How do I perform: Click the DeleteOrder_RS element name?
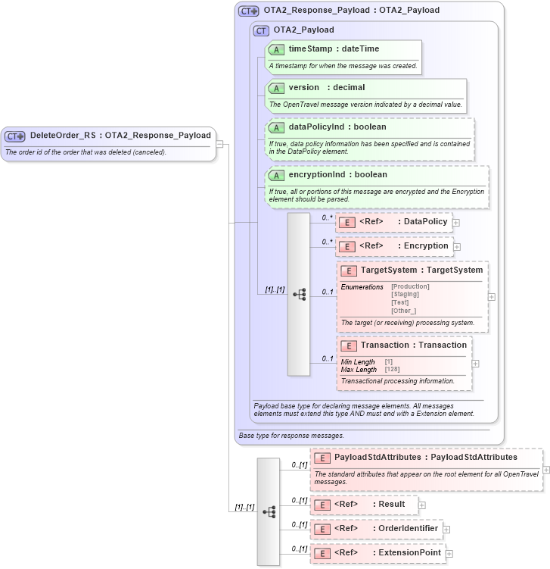coord(63,136)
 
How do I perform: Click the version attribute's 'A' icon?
coord(277,88)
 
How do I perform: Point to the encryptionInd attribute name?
coord(315,175)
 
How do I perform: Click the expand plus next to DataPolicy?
coord(456,223)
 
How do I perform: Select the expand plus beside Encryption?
coord(457,246)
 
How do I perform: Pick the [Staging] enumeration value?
coord(405,295)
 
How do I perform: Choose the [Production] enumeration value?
coord(410,286)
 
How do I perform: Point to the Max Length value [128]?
coord(392,370)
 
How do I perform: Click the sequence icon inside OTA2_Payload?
coord(299,294)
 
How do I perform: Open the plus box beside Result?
coord(422,505)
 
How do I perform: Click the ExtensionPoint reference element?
coord(409,553)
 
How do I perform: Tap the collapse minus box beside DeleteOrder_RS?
coord(219,142)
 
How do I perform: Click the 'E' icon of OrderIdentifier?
coord(322,529)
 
